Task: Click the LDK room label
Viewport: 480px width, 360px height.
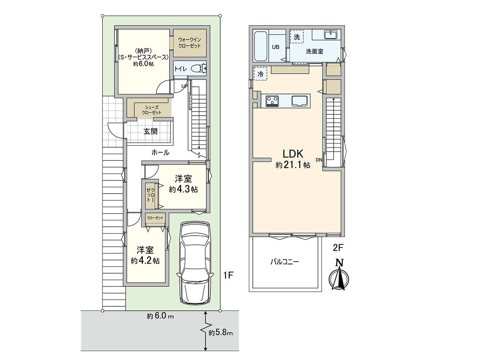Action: (294, 154)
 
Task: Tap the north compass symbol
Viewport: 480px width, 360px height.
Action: (339, 276)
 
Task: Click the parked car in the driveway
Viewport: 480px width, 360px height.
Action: (194, 262)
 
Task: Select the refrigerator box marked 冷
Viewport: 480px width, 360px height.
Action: (260, 74)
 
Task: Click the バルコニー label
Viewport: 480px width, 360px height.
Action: (284, 262)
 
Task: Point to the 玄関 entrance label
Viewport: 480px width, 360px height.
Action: (150, 131)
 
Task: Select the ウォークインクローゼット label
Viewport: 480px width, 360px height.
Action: (190, 42)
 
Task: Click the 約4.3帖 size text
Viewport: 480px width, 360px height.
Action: (183, 190)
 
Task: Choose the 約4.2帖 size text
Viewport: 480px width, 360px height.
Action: (145, 260)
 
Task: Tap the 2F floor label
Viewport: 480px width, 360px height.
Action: (338, 248)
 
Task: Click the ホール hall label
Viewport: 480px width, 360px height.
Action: (160, 152)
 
